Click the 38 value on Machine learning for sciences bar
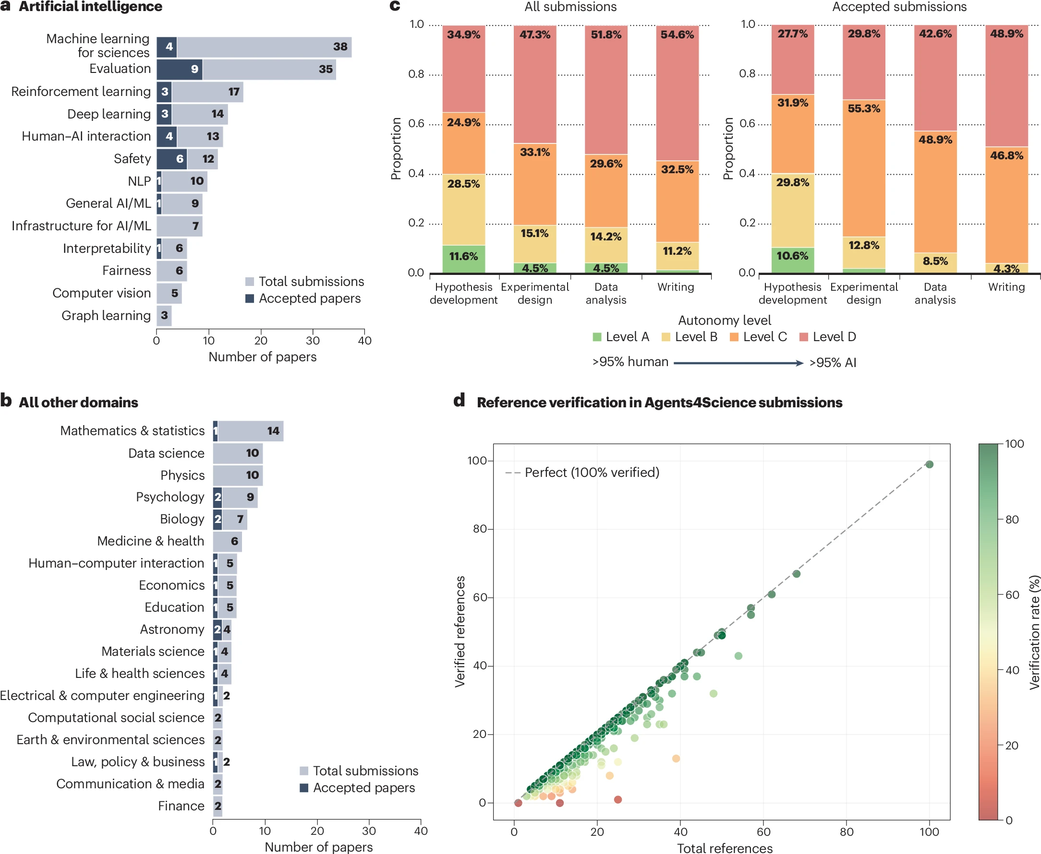click(x=340, y=47)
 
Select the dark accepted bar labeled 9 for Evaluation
click(x=180, y=70)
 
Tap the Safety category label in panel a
click(x=132, y=159)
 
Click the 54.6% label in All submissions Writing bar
click(x=677, y=35)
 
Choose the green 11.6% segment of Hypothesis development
click(x=463, y=258)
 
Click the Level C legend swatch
click(x=734, y=337)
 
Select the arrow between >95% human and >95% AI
click(x=738, y=363)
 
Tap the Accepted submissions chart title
click(x=899, y=7)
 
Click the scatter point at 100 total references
click(x=929, y=464)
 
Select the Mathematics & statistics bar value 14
click(x=273, y=431)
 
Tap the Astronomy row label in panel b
click(x=172, y=629)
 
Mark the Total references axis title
click(x=725, y=848)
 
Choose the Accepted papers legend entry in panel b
click(x=357, y=788)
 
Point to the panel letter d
click(x=459, y=401)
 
